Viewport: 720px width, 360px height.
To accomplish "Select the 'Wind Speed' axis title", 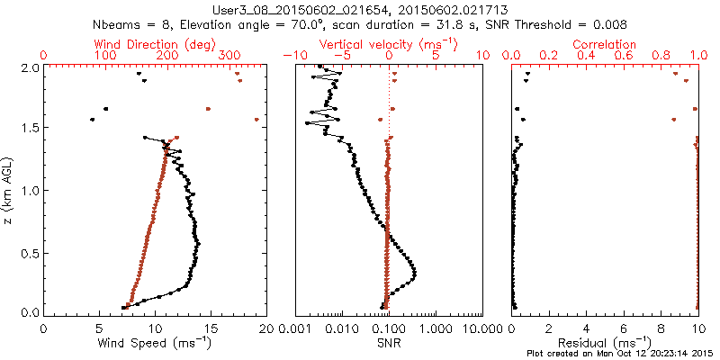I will (x=155, y=342).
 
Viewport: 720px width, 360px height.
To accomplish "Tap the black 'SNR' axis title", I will (x=389, y=342).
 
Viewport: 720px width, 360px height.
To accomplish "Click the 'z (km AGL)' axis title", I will (x=10, y=189).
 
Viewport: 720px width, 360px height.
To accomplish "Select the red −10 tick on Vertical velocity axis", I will (x=293, y=56).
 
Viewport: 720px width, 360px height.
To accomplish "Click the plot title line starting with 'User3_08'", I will (x=360, y=9).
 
